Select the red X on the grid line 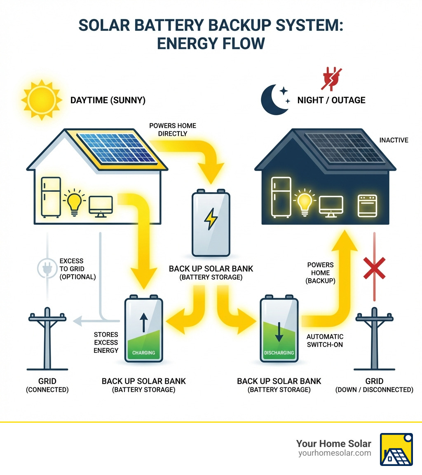tap(374, 268)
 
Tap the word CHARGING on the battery tap(144, 353)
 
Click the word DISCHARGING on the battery tap(279, 353)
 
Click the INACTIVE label tap(394, 140)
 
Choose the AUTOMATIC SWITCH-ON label tap(325, 340)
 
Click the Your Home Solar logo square tap(396, 449)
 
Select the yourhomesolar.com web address tap(334, 453)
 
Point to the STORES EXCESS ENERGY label tap(106, 342)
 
